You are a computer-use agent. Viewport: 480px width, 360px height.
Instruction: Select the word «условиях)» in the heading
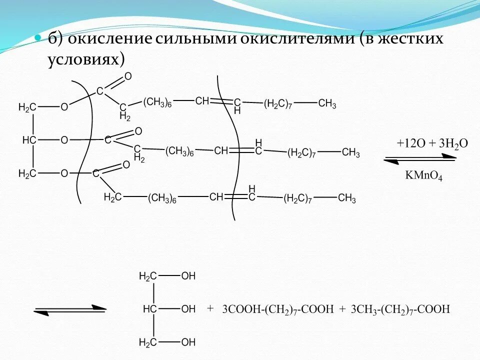(x=86, y=59)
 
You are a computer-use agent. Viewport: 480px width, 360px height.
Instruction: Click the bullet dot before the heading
(x=36, y=39)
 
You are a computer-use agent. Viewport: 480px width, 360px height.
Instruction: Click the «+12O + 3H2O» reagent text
(x=432, y=143)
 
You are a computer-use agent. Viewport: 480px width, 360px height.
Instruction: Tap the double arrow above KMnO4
(x=420, y=159)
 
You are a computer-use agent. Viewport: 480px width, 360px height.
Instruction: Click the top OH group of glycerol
(x=188, y=276)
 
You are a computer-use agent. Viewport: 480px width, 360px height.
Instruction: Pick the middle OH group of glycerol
(x=188, y=309)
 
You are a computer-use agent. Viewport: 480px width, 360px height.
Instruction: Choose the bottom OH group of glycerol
(x=188, y=342)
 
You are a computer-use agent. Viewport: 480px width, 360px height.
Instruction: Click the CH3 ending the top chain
(x=327, y=103)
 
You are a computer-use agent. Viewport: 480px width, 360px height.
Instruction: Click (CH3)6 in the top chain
(x=157, y=102)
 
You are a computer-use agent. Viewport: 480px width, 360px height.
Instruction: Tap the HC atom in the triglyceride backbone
(x=29, y=140)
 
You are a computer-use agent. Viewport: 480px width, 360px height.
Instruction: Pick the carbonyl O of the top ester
(x=128, y=76)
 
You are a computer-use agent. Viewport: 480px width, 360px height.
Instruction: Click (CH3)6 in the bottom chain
(x=162, y=198)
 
